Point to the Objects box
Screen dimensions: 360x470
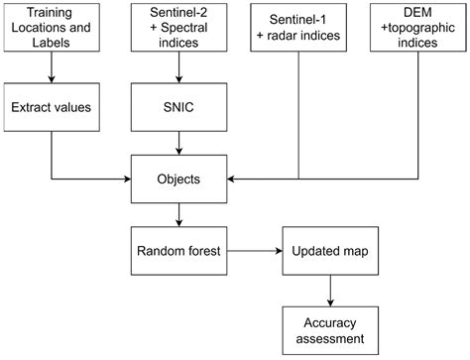pyautogui.click(x=178, y=180)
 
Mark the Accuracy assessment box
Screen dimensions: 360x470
pyautogui.click(x=329, y=330)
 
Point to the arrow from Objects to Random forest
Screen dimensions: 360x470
pyautogui.click(x=178, y=217)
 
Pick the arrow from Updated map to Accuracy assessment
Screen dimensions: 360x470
pyautogui.click(x=329, y=293)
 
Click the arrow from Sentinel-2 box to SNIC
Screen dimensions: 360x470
pyautogui.click(x=178, y=66)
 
